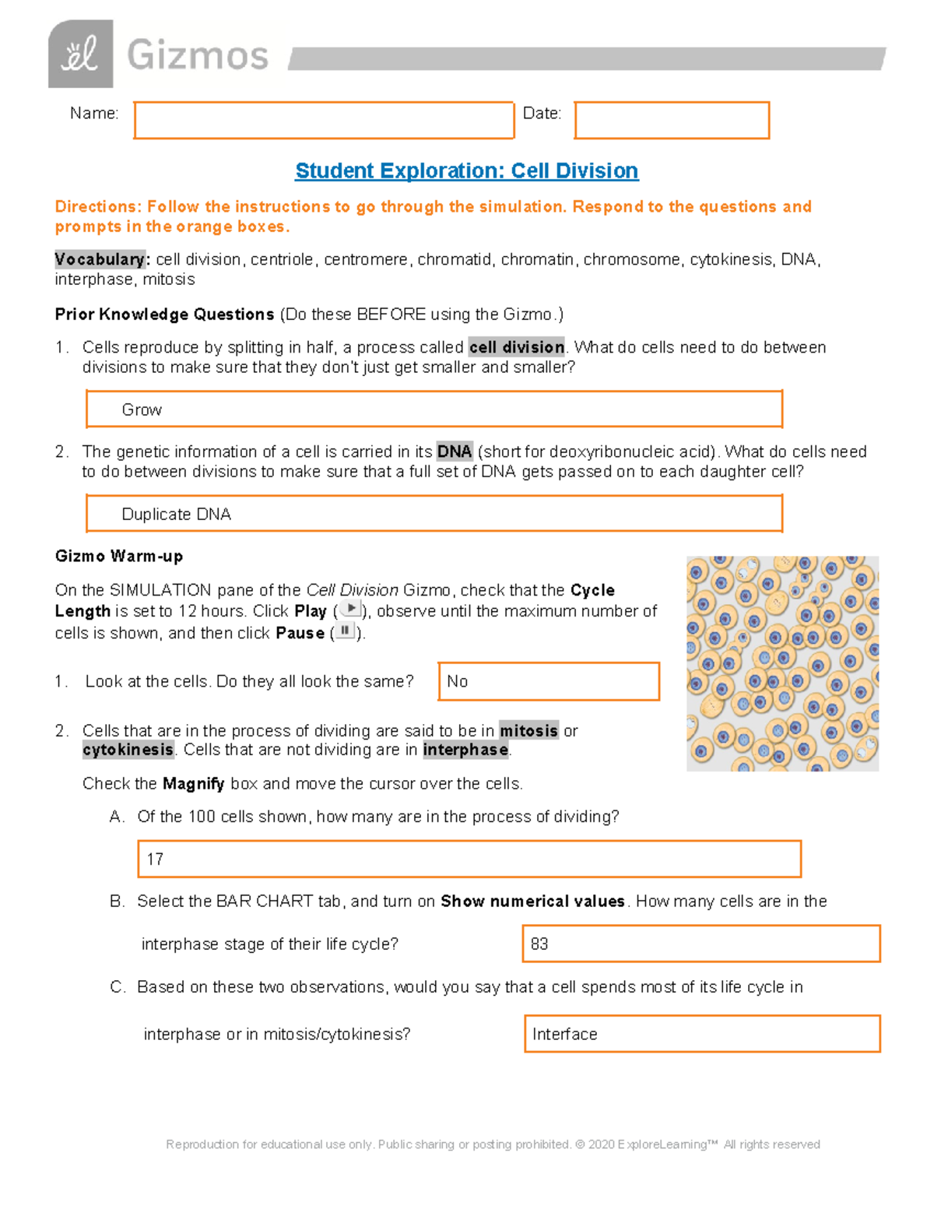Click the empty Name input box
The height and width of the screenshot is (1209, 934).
324,121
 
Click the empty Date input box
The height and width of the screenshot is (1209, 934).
672,121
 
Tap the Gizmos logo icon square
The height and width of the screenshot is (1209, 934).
80,54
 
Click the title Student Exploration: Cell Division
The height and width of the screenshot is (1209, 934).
467,170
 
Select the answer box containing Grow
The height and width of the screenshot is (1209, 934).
434,409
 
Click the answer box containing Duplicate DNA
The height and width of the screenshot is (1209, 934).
434,514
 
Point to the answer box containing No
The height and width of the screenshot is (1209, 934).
549,681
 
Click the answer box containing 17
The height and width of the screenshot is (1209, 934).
469,859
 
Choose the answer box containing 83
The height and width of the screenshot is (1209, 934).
700,944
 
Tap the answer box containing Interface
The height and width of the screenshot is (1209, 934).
702,1034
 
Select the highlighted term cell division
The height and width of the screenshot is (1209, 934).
517,347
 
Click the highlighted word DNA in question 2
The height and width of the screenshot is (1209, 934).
455,452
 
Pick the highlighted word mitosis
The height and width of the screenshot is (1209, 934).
528,730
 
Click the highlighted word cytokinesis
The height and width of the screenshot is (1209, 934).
128,750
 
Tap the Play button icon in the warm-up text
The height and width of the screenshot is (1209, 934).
351,609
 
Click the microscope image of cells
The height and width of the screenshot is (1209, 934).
782,663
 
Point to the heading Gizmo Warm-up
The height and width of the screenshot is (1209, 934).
119,556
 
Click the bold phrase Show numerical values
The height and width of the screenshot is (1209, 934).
532,901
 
